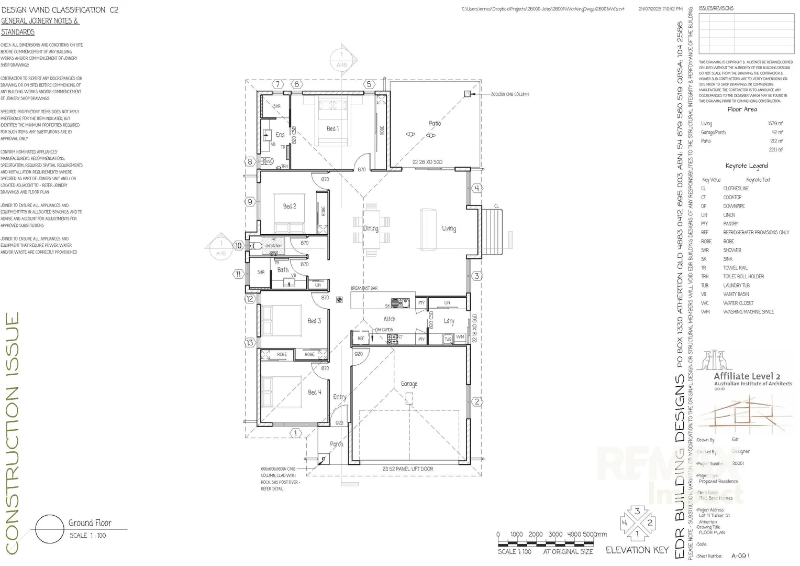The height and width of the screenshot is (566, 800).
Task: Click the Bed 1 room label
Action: point(332,128)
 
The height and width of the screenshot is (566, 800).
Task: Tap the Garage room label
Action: point(409,384)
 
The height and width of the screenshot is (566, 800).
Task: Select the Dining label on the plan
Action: point(371,228)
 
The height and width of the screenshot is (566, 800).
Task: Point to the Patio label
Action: point(435,123)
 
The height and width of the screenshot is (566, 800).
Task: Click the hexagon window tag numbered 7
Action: point(278,84)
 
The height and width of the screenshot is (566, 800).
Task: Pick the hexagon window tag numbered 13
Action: point(250,343)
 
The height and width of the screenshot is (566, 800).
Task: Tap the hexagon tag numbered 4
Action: point(476,188)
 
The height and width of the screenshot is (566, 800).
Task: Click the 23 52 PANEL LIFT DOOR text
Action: point(407,469)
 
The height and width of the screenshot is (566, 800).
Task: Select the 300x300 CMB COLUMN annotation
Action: point(509,94)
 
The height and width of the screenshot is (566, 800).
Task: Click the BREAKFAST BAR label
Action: point(364,288)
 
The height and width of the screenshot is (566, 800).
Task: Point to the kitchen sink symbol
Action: point(400,303)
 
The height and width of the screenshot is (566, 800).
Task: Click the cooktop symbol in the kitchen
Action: point(392,339)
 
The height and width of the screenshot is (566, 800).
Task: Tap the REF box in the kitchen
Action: point(361,339)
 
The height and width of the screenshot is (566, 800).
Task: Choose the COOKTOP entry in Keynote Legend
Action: point(732,197)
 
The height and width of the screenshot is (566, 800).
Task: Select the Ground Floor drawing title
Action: point(90,523)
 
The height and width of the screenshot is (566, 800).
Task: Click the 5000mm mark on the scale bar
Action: point(594,535)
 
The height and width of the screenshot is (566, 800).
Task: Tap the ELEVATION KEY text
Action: point(637,550)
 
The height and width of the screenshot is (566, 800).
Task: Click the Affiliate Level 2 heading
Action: point(747,376)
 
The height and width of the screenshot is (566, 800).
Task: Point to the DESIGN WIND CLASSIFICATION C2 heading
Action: point(60,10)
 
